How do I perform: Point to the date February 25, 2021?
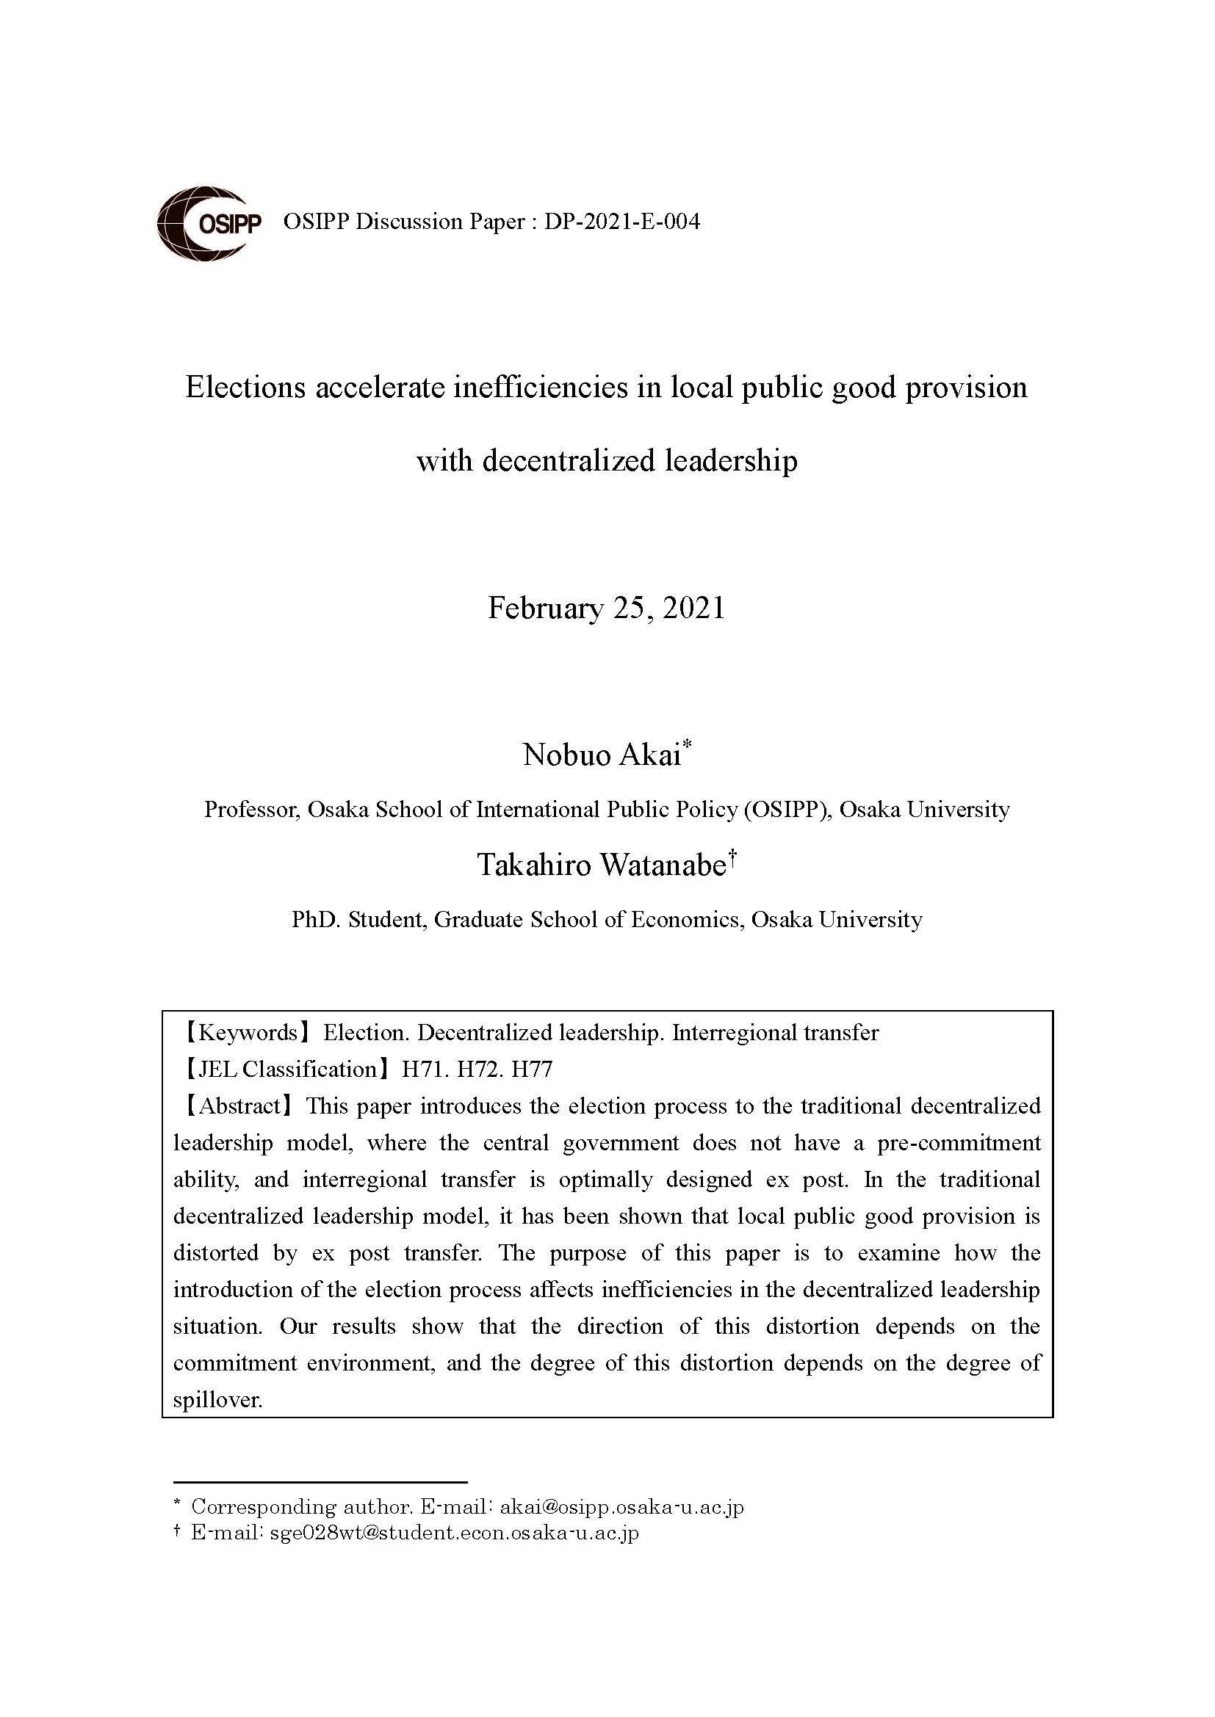tap(607, 608)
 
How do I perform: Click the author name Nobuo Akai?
tap(602, 755)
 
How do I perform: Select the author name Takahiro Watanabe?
tap(602, 865)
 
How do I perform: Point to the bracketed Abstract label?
tap(234, 1106)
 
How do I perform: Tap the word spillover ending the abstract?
tap(217, 1399)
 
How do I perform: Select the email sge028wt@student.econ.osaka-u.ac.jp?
tap(453, 1533)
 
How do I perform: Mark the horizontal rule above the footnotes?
tap(320, 1481)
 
